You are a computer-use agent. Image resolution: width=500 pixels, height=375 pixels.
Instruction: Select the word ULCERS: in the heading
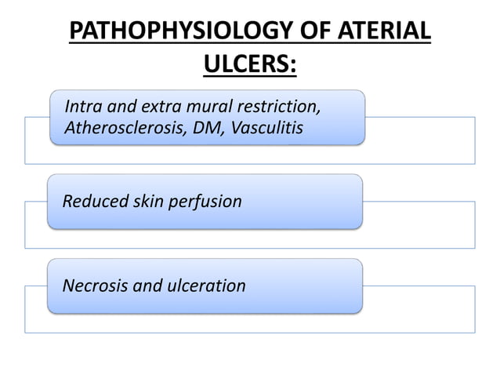(250, 70)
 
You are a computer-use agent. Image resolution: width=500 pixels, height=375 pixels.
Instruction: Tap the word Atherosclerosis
(121, 127)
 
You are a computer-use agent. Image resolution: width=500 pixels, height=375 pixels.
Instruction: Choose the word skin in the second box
(147, 202)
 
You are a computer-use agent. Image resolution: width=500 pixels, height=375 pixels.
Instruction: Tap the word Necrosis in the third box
(93, 285)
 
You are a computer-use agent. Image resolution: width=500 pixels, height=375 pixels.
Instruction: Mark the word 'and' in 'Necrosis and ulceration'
(144, 285)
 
